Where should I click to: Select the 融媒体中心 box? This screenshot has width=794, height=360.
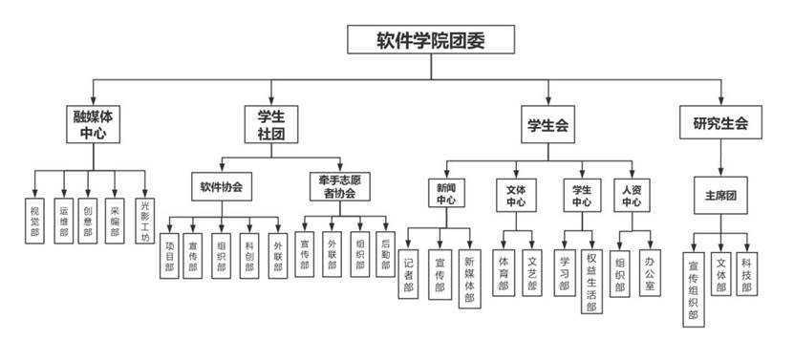(93, 125)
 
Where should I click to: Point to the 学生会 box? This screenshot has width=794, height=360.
(548, 124)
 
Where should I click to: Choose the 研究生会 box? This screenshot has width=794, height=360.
(720, 124)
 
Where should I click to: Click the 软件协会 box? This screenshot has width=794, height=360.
(222, 187)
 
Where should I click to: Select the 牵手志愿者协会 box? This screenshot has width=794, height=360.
(338, 185)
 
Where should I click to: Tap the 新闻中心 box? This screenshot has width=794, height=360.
(446, 194)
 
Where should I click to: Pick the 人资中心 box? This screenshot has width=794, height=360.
(632, 195)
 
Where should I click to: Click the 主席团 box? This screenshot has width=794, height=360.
(719, 195)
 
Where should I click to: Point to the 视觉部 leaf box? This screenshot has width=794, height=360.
(35, 220)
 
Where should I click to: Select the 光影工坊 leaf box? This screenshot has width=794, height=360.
(144, 220)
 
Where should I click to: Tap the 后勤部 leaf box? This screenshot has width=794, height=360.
(385, 254)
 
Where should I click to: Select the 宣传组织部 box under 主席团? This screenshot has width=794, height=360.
(694, 287)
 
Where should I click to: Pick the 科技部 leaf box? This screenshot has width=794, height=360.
(747, 274)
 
